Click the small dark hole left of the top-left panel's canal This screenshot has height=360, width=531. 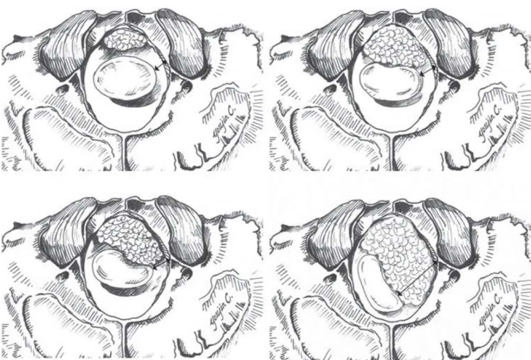[67, 85]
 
